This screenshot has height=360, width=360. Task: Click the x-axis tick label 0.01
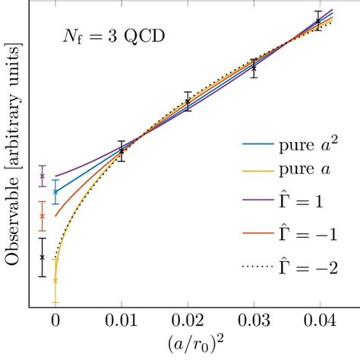122,321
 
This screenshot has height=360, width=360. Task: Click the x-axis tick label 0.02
188,321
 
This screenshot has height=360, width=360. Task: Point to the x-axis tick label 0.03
253,321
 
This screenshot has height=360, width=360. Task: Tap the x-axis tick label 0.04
319,321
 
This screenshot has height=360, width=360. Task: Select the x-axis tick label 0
55,321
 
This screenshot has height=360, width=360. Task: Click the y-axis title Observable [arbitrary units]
13,155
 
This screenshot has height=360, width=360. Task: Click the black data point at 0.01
122,150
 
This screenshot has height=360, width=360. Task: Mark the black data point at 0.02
188,101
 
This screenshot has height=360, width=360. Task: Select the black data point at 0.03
253,68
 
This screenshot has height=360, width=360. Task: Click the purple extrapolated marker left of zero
43,176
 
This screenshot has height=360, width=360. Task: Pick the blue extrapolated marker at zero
55,191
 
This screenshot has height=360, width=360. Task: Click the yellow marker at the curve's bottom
55,280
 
